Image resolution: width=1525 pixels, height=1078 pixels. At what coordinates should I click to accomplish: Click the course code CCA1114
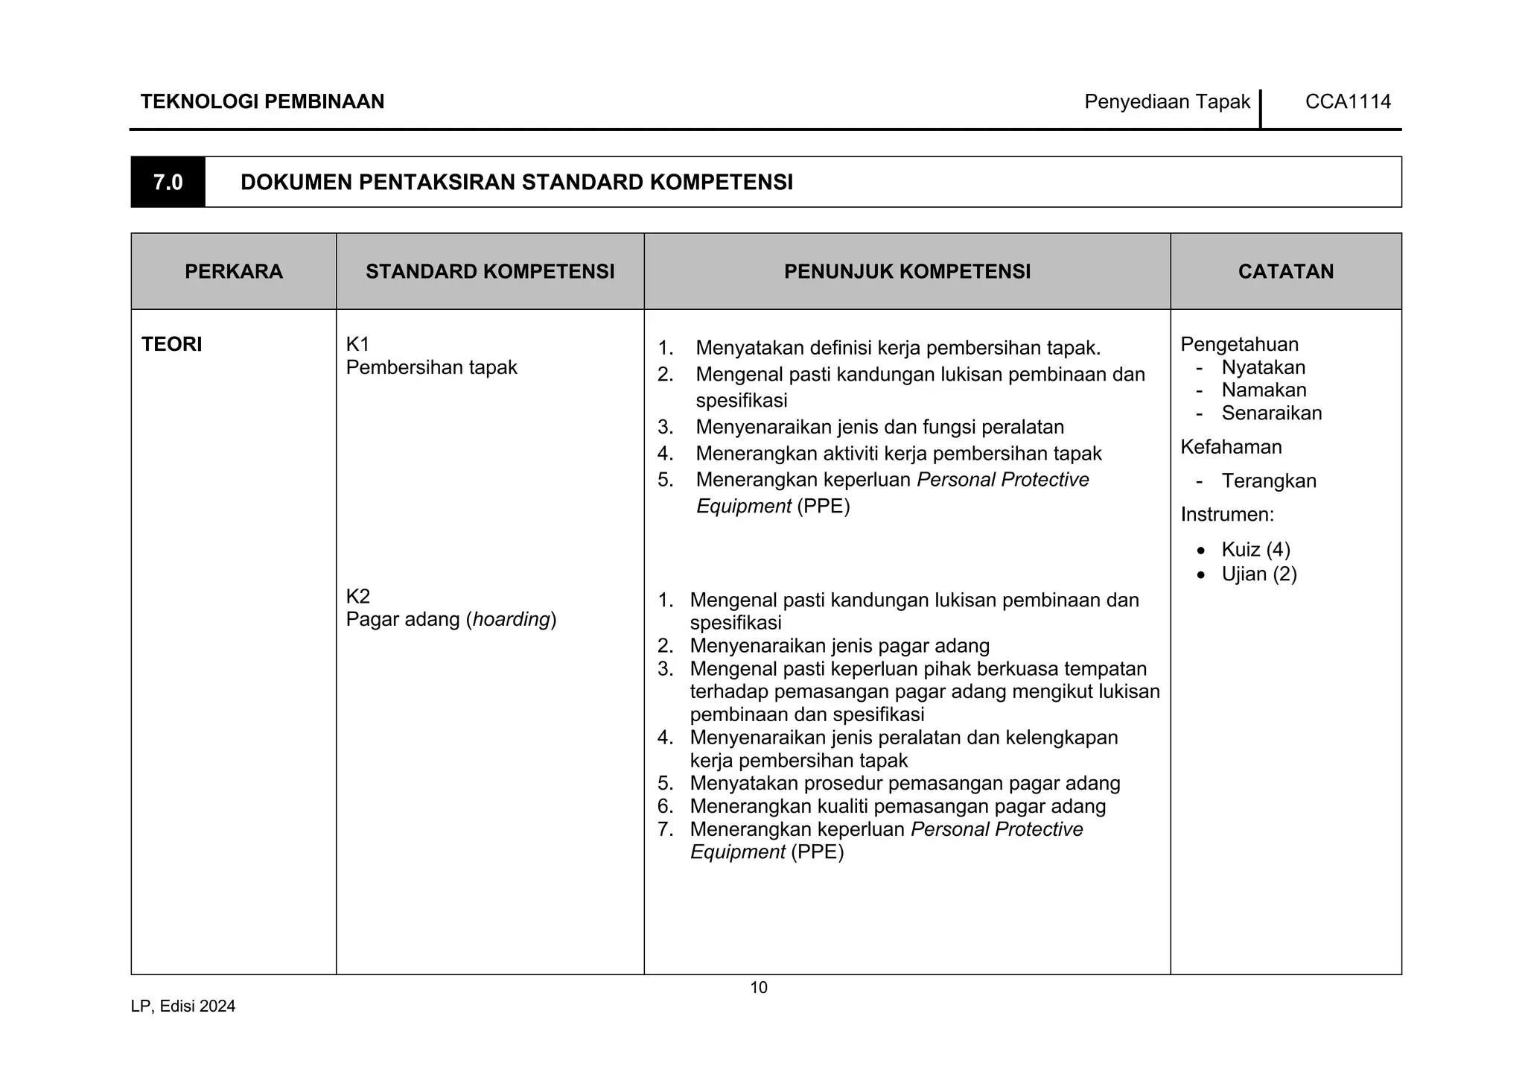[1348, 101]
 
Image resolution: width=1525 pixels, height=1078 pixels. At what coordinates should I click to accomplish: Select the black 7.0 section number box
[168, 182]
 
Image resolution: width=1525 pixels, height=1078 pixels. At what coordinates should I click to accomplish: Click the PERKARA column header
[234, 271]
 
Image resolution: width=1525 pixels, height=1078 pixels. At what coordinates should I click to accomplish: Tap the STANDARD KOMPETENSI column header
[490, 271]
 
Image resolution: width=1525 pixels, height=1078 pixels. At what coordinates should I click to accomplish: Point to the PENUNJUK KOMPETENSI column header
[907, 271]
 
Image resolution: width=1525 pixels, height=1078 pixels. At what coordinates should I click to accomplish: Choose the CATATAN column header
[1286, 271]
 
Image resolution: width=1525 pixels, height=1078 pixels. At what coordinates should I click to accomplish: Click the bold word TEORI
[172, 344]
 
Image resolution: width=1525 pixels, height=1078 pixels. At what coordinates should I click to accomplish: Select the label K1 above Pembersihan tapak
[357, 343]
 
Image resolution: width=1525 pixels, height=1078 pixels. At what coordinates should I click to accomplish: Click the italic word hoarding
[511, 619]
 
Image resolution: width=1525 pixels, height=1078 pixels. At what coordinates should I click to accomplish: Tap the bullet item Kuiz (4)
[1255, 550]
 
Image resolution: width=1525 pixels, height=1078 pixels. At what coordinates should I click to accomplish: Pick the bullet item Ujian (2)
[1259, 574]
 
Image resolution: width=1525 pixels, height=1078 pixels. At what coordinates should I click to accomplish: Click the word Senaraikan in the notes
[1271, 413]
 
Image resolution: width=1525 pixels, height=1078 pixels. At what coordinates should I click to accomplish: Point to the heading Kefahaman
[1231, 447]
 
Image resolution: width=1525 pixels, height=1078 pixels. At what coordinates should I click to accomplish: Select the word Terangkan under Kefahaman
[1269, 481]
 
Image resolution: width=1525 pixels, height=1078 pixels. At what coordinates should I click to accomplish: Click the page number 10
[758, 988]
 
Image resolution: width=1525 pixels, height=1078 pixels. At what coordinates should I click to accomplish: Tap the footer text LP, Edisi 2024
[183, 1006]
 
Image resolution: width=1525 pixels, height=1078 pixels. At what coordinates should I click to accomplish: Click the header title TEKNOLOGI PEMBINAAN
[262, 101]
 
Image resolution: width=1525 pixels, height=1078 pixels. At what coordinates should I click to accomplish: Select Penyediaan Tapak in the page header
[1167, 101]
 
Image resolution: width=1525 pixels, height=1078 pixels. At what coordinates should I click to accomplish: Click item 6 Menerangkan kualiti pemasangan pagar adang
[897, 806]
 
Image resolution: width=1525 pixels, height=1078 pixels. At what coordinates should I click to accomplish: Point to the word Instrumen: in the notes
[1227, 514]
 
